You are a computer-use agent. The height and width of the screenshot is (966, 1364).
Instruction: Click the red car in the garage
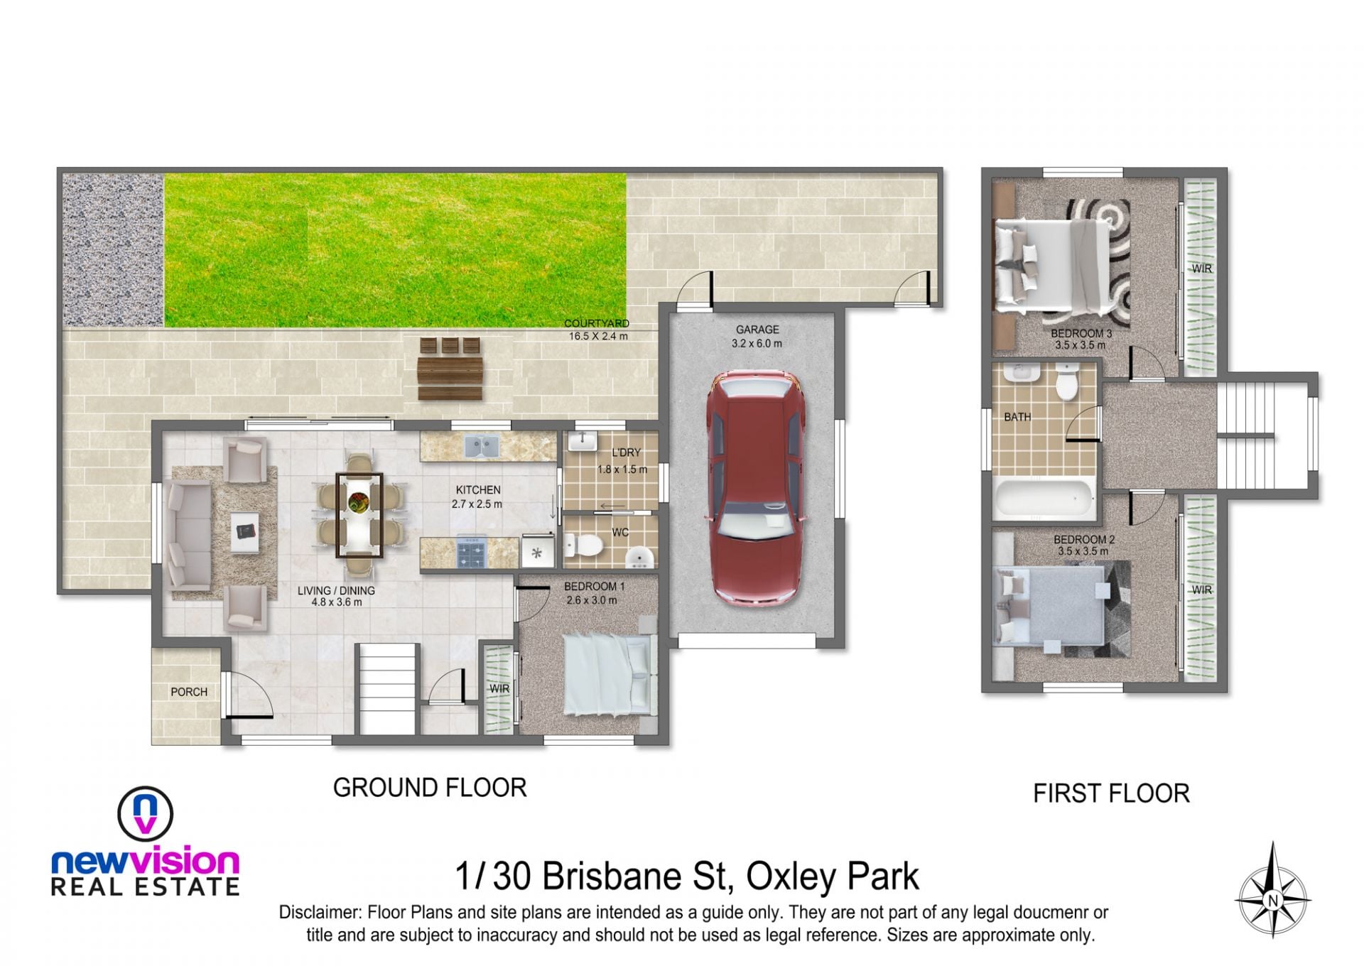coord(756,487)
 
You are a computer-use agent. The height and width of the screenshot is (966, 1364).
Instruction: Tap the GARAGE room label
coord(757,330)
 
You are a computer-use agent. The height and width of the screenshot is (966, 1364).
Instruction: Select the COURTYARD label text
coord(597,324)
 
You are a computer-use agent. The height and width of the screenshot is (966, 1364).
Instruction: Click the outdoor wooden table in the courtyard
coord(450,368)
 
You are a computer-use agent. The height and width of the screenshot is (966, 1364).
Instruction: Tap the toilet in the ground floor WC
coord(583,546)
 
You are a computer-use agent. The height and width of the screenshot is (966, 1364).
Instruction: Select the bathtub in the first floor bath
coord(1044,499)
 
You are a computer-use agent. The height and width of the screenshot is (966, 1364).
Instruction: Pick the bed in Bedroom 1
coord(608,674)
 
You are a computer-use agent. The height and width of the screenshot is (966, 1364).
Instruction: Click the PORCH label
coord(189,692)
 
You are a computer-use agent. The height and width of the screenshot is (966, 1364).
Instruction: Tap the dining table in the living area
coord(359,516)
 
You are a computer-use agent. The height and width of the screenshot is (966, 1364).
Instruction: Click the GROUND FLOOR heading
coord(430,788)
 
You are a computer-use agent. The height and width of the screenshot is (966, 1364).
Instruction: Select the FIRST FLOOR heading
coord(1111,793)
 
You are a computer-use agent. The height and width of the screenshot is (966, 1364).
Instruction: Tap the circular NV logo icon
coord(145,814)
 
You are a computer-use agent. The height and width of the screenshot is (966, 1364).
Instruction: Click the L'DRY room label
coord(626,452)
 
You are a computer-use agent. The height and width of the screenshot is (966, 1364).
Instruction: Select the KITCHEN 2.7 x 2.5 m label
coord(477,497)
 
